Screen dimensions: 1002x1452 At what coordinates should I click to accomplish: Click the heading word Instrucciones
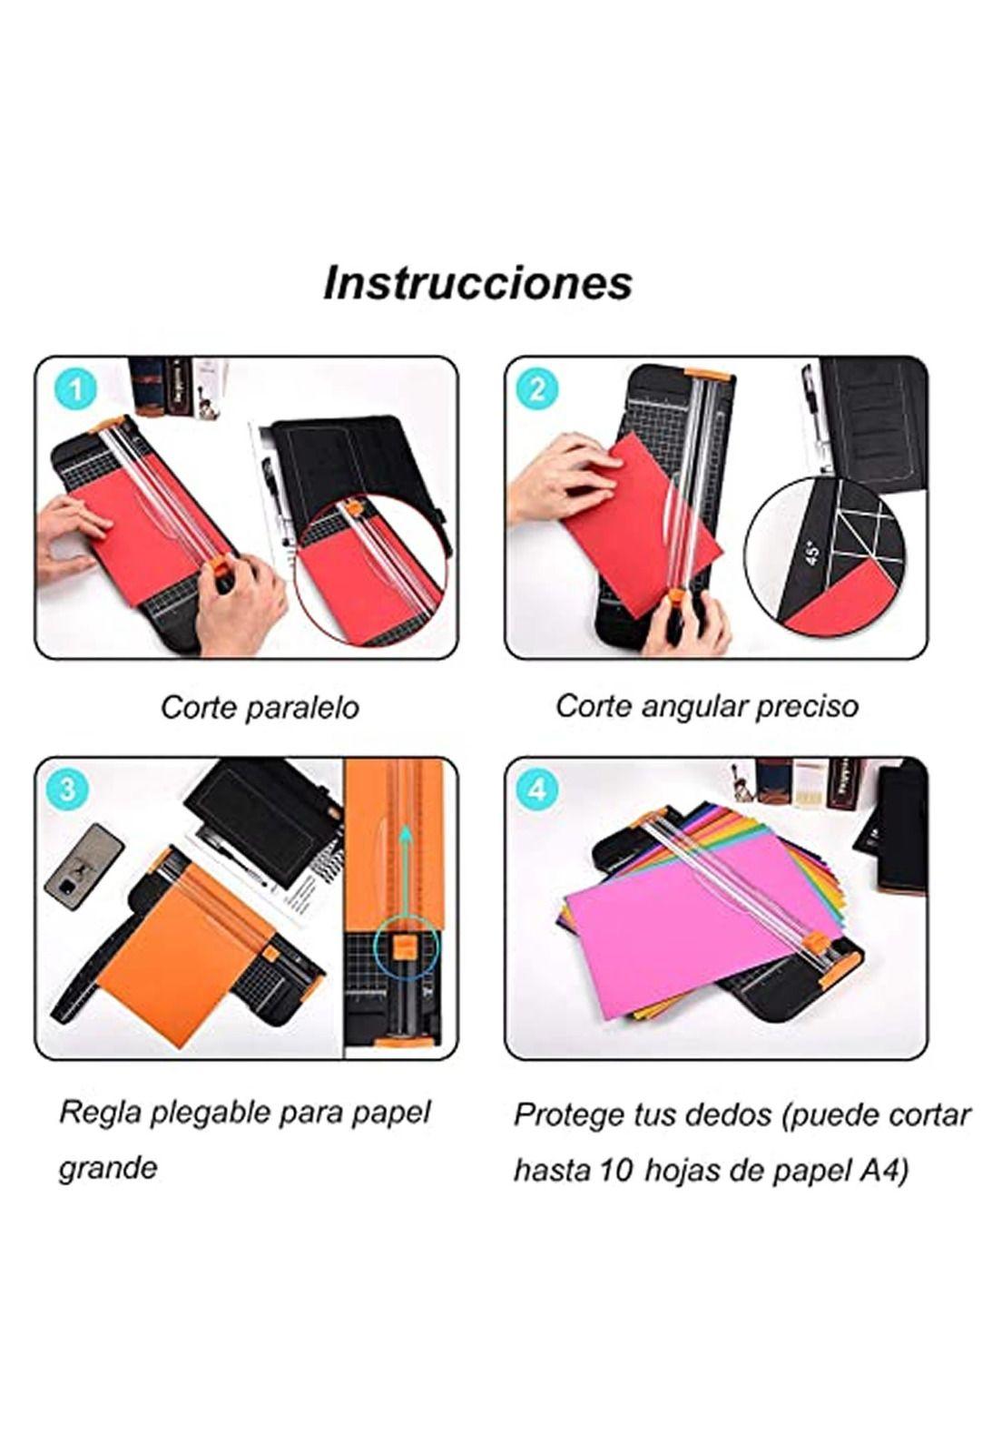point(477,282)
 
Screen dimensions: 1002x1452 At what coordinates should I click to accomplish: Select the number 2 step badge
point(536,390)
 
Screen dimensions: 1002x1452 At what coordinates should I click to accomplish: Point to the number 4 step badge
point(536,789)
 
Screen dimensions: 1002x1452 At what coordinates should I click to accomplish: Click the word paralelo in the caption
point(302,708)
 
